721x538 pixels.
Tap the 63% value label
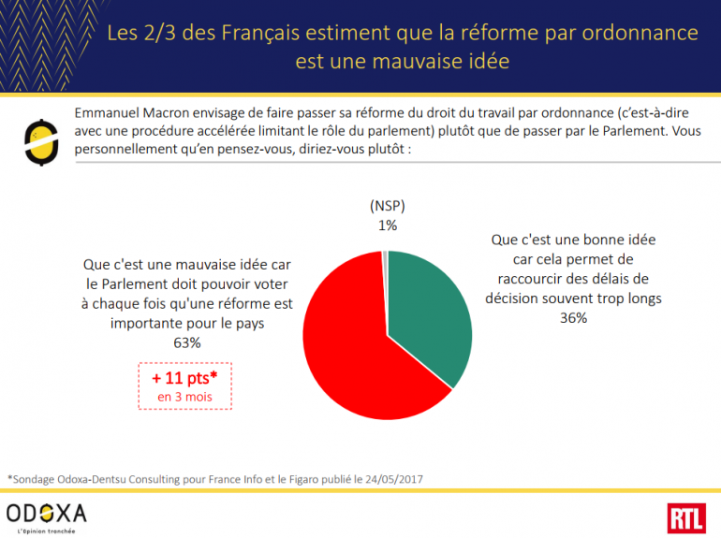click(x=187, y=343)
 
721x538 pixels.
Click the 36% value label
click(x=573, y=318)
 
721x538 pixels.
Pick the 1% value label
click(x=387, y=225)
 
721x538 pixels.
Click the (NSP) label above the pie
click(x=387, y=207)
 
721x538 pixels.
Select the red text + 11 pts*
click(x=185, y=378)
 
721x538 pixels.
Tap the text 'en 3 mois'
click(x=185, y=397)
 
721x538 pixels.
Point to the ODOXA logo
click(x=46, y=513)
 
